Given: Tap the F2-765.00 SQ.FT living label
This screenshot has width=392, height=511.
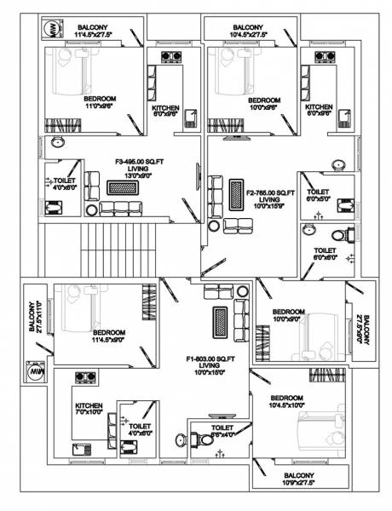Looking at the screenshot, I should [x=270, y=198].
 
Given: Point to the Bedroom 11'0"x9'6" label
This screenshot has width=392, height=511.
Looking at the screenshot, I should [x=101, y=103].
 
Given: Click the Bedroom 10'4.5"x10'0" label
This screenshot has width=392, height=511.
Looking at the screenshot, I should [x=286, y=403].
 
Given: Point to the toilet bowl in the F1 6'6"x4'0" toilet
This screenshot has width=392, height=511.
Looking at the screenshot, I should [x=180, y=439].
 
